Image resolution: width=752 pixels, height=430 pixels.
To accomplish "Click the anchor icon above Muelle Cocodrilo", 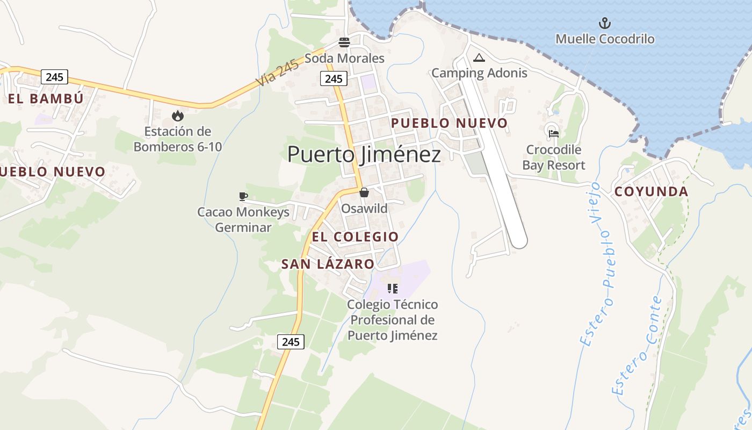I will [605, 23].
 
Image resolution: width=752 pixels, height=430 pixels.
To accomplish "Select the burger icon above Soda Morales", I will [344, 42].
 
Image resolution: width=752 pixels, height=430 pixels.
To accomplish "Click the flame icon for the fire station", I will [177, 116].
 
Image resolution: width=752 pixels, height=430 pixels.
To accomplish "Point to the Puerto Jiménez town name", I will [364, 154].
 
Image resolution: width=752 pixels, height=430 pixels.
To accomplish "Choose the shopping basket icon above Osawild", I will [364, 192].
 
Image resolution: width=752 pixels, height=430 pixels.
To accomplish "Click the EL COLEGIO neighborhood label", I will [355, 236].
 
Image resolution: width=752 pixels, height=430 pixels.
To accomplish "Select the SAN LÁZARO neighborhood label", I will [328, 264].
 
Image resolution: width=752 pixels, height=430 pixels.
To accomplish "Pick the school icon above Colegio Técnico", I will [393, 289].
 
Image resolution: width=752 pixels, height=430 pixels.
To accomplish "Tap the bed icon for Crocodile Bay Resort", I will [554, 134].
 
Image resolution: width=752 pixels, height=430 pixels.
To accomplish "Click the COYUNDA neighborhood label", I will [651, 192].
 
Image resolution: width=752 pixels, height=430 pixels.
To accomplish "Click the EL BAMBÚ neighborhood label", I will [46, 98].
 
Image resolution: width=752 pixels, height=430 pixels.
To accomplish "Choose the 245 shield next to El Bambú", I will [54, 77].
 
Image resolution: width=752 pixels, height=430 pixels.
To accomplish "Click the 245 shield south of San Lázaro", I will [291, 341].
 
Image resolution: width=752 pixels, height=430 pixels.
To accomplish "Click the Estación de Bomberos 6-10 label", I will [177, 139].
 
